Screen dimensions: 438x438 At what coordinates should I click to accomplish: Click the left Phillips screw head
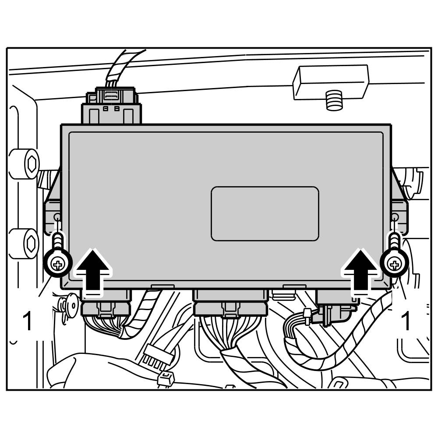tap(57, 264)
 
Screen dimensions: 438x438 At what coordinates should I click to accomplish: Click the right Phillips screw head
tap(394, 264)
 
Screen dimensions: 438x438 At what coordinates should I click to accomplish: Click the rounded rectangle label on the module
tap(265, 214)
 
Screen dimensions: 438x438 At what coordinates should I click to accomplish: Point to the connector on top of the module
tap(111, 107)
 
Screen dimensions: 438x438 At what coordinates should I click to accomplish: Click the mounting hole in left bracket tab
tap(57, 216)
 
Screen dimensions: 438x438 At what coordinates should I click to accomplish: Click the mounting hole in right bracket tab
tap(395, 216)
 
